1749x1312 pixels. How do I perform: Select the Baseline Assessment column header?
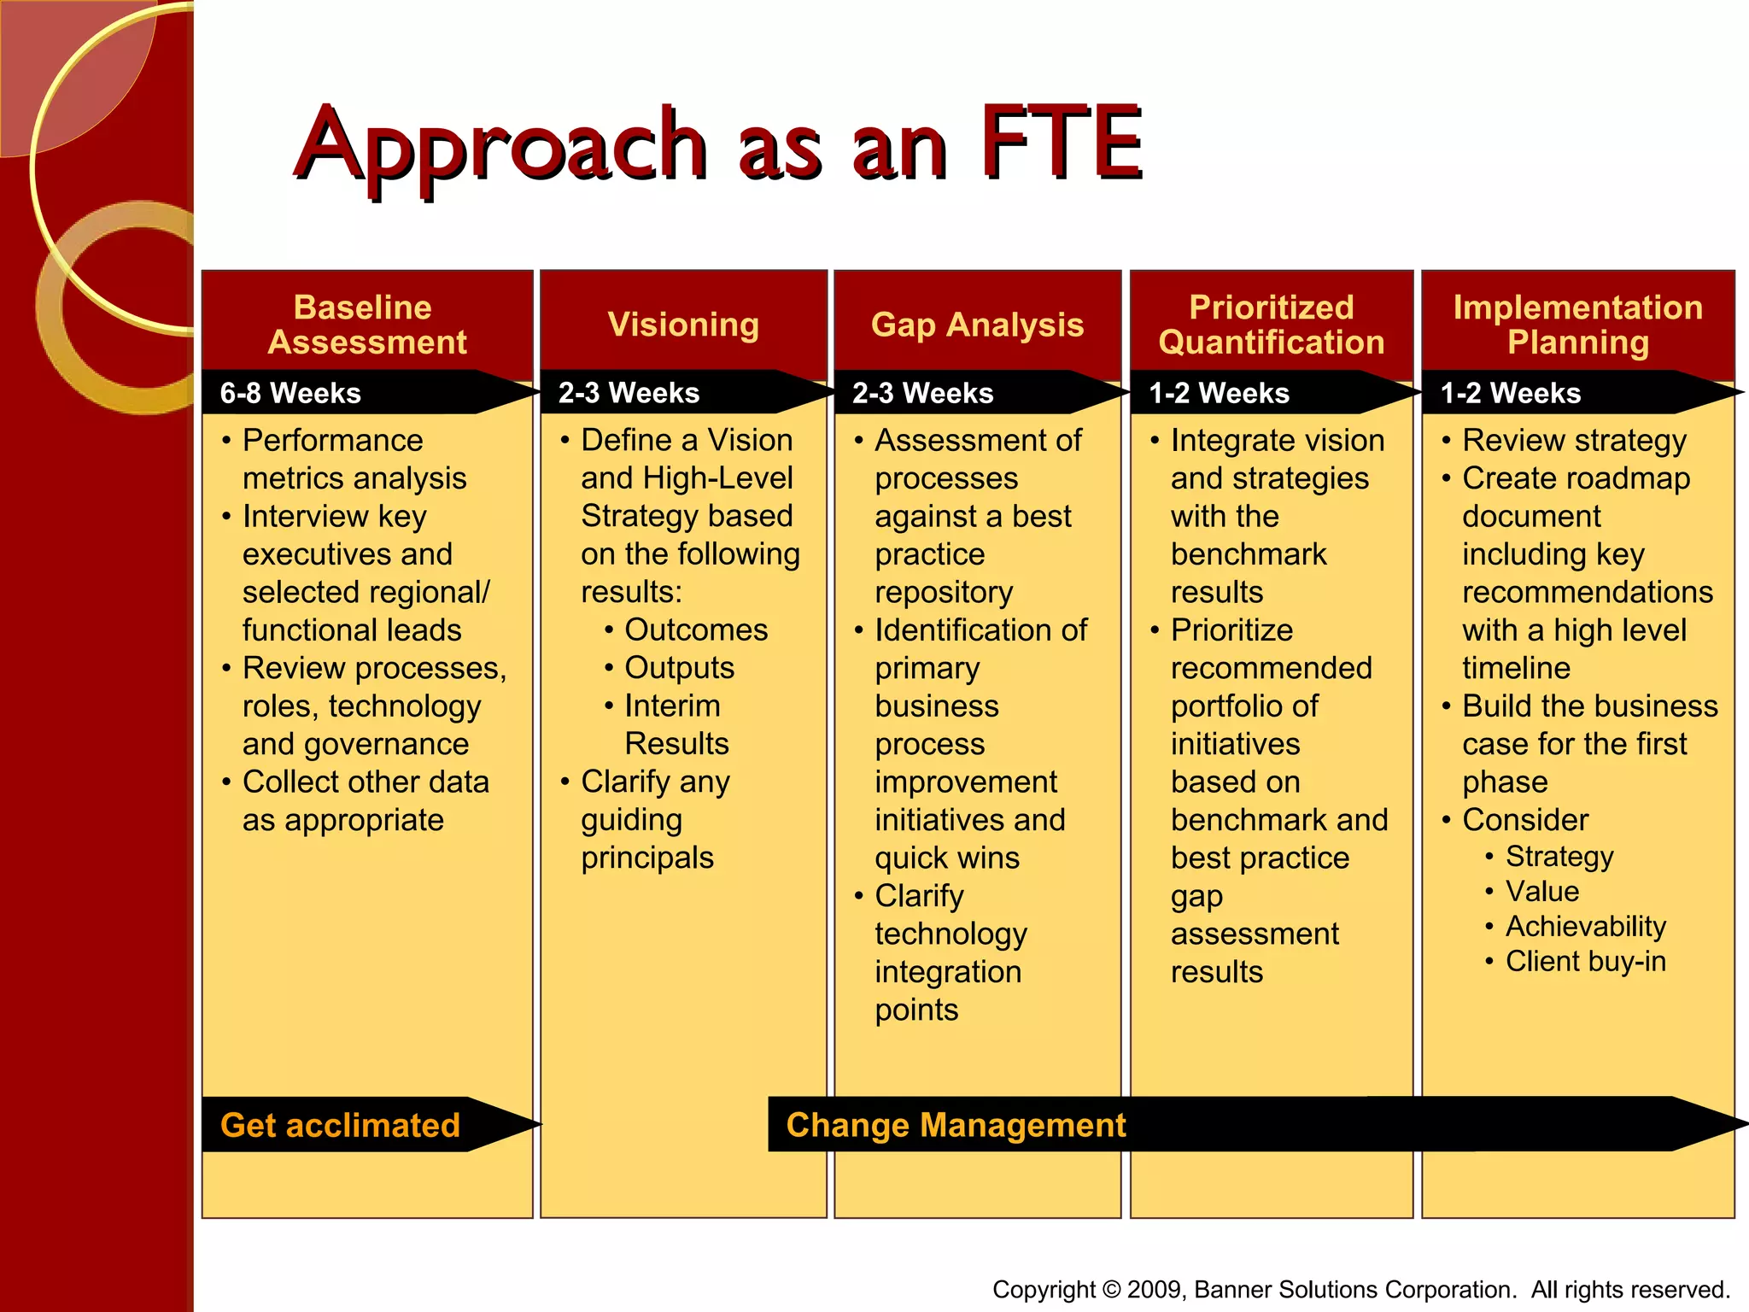point(366,325)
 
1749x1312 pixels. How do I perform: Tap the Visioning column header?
point(683,325)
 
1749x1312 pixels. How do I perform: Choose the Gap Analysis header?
point(977,325)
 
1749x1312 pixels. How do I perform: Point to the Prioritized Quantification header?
point(1271,325)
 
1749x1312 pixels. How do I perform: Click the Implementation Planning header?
point(1577,325)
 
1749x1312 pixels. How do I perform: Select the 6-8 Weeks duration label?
point(290,393)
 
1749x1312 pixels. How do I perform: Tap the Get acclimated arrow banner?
point(340,1125)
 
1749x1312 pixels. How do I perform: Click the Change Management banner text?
point(956,1125)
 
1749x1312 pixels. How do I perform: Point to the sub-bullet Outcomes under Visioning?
point(696,630)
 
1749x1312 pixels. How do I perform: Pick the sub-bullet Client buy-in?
point(1585,961)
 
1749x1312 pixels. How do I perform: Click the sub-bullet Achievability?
point(1585,926)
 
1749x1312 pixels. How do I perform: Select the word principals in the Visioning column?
point(647,858)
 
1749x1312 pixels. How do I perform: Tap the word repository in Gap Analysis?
point(944,592)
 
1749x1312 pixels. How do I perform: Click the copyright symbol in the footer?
point(1110,1289)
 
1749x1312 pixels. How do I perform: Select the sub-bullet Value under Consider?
point(1541,891)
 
